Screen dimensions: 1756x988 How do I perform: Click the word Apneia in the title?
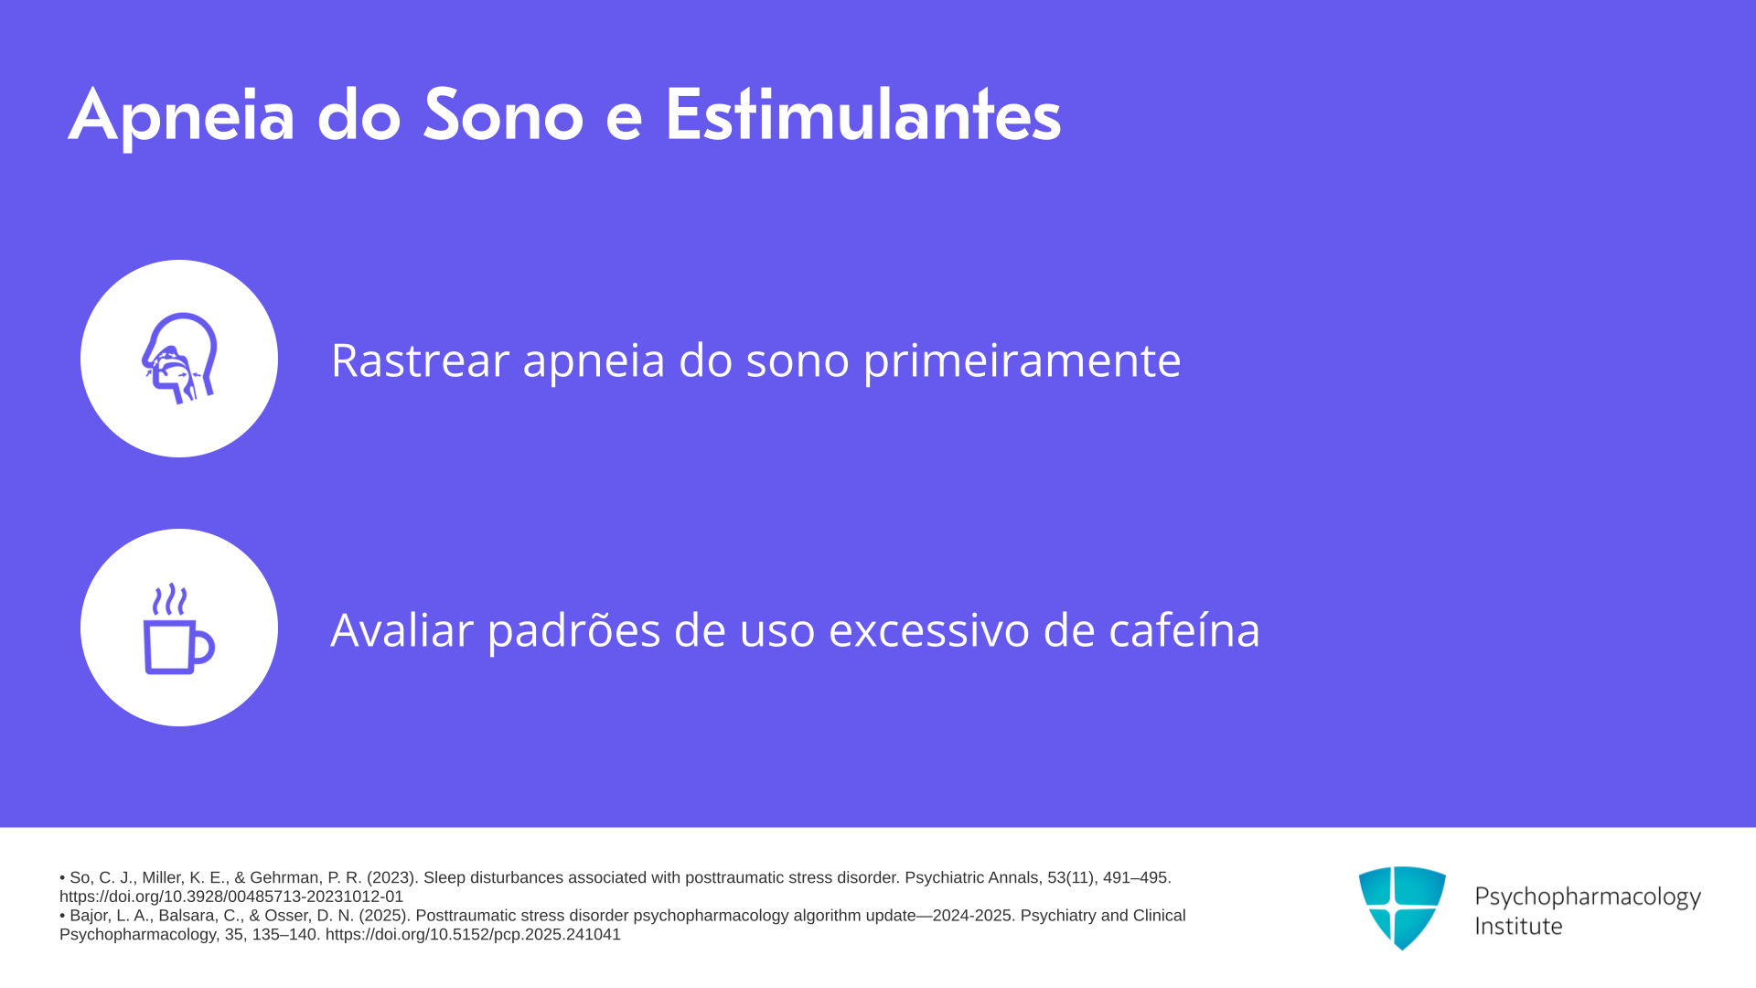182,116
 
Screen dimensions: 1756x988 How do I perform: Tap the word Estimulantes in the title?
862,114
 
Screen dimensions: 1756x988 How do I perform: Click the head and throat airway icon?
179,359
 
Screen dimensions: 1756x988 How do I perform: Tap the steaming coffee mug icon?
179,628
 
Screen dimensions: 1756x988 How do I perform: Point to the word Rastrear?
421,360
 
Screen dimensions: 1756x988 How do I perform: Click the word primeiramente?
1023,361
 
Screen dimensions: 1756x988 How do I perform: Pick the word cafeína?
1184,629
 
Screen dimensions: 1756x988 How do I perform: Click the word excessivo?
929,631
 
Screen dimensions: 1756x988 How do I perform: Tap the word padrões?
573,631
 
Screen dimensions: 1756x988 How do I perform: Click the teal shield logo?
1402,907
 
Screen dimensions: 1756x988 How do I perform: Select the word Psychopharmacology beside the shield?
1588,897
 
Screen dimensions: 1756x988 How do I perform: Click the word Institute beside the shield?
1519,926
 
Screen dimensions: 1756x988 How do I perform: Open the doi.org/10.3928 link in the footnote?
231,897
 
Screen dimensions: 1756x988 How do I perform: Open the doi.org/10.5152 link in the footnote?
473,935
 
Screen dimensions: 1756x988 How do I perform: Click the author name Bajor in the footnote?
91,916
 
